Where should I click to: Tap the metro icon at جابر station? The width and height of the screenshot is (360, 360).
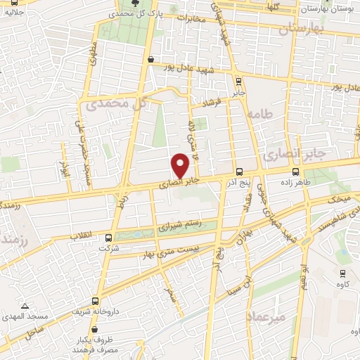pos(238,81)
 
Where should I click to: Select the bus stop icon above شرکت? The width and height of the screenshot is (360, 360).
pos(108,238)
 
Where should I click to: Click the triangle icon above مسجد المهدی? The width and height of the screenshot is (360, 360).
pos(25,306)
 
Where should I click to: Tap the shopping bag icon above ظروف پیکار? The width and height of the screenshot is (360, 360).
pos(94,328)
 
